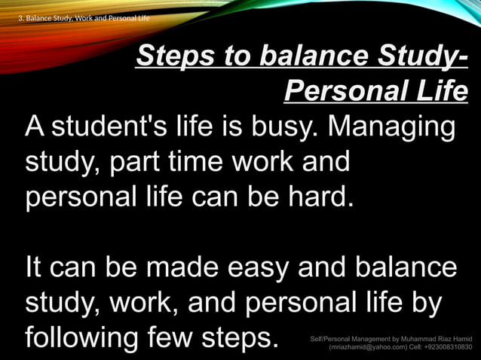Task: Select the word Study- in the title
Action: coord(422,56)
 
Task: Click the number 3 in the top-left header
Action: coord(20,17)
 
